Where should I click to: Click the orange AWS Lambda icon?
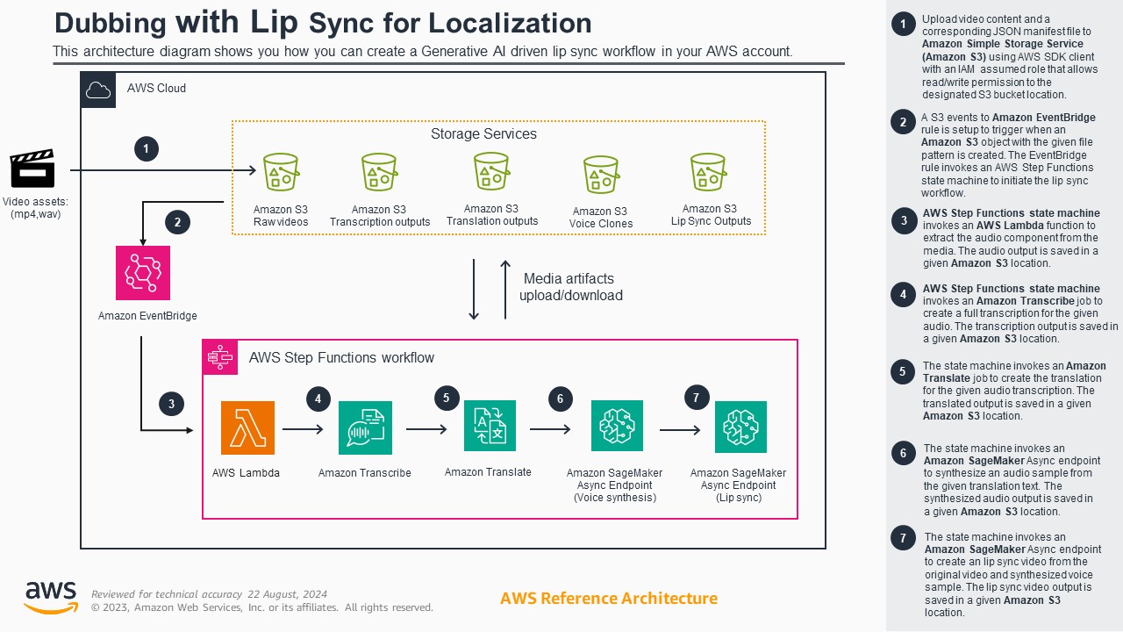coord(247,427)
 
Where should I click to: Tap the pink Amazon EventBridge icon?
coord(143,273)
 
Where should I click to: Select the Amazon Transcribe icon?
coord(365,427)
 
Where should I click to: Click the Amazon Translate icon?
coord(490,426)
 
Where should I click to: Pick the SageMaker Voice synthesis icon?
coord(617,426)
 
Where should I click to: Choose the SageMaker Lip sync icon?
coord(740,427)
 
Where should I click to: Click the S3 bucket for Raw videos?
coord(281,172)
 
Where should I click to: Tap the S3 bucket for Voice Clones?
coord(601,175)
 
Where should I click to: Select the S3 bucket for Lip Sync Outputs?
coord(709,172)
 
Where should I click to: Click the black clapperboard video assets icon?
coord(32,169)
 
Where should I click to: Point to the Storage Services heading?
coord(483,134)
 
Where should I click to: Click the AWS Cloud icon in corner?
coord(98,90)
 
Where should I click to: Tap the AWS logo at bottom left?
coord(50,597)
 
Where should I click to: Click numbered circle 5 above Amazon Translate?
coord(447,398)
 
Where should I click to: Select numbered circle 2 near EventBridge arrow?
coord(177,222)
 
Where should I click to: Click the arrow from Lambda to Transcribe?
coord(304,429)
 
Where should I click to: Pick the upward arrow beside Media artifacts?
coord(505,289)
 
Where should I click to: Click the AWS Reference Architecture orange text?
coord(608,599)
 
